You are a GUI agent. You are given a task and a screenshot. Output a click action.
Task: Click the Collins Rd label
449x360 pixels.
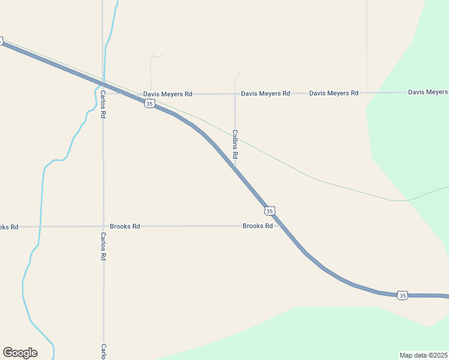coord(235,148)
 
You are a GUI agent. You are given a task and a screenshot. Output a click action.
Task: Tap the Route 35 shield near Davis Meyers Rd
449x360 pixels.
coord(149,104)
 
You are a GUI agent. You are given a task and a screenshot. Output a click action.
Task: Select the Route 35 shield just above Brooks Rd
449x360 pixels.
coord(270,211)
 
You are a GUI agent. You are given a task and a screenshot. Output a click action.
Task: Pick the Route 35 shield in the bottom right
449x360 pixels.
coord(402,295)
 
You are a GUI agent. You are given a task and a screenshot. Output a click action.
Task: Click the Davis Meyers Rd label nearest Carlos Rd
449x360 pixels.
coord(167,94)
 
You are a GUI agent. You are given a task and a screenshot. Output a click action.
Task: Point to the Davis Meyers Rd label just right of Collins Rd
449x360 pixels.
coord(265,94)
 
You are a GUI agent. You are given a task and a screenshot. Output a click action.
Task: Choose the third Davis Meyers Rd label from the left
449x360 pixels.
coord(334,93)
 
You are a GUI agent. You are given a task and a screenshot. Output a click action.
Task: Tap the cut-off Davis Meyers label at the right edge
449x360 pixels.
coord(428,92)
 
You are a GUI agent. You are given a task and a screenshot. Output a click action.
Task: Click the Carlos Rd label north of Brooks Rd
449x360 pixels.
coord(103,104)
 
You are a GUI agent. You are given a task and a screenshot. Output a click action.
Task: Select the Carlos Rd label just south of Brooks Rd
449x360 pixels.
coord(103,247)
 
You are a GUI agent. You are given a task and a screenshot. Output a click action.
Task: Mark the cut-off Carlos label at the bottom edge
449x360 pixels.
coord(103,351)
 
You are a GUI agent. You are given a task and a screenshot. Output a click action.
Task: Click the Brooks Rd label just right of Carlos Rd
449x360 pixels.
coord(125,226)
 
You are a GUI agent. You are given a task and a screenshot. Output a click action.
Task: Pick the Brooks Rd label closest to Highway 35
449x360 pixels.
coord(258,226)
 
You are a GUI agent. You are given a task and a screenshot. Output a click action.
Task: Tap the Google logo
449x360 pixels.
coord(20,353)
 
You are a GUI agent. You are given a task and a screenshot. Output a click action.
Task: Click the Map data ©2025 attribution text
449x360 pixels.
coord(424,355)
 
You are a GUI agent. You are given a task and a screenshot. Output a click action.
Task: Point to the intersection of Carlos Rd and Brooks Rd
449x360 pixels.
coord(103,226)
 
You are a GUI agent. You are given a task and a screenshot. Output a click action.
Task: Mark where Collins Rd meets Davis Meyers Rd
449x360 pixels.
coord(235,94)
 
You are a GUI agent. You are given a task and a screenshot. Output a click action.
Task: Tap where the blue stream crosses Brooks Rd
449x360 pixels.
coord(40,227)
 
